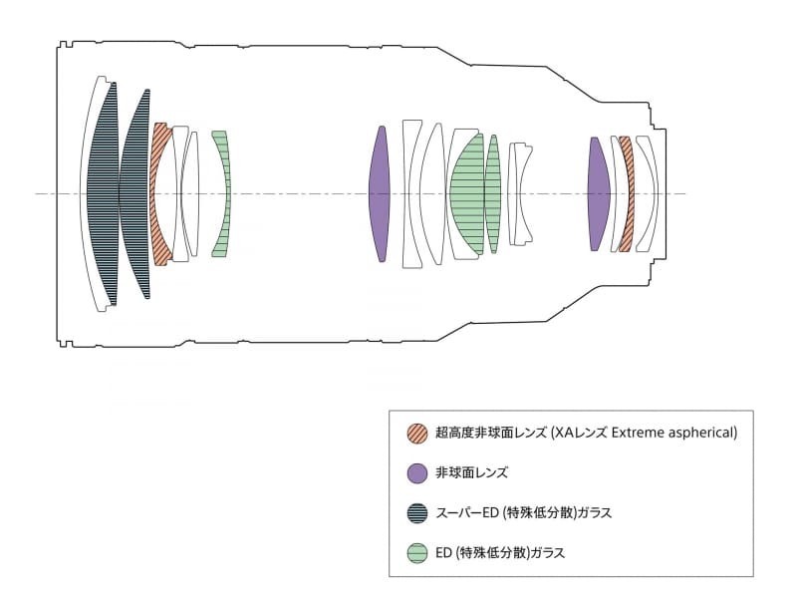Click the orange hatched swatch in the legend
(417, 434)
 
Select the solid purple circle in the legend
(417, 472)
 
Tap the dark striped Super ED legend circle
(417, 512)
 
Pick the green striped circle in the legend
(417, 551)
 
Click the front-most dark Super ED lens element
(103, 193)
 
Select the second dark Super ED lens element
(135, 193)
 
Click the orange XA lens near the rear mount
(625, 193)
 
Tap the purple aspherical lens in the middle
(378, 193)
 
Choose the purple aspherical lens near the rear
(598, 193)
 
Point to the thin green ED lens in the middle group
(493, 193)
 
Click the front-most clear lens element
(87, 193)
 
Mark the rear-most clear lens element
(648, 193)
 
